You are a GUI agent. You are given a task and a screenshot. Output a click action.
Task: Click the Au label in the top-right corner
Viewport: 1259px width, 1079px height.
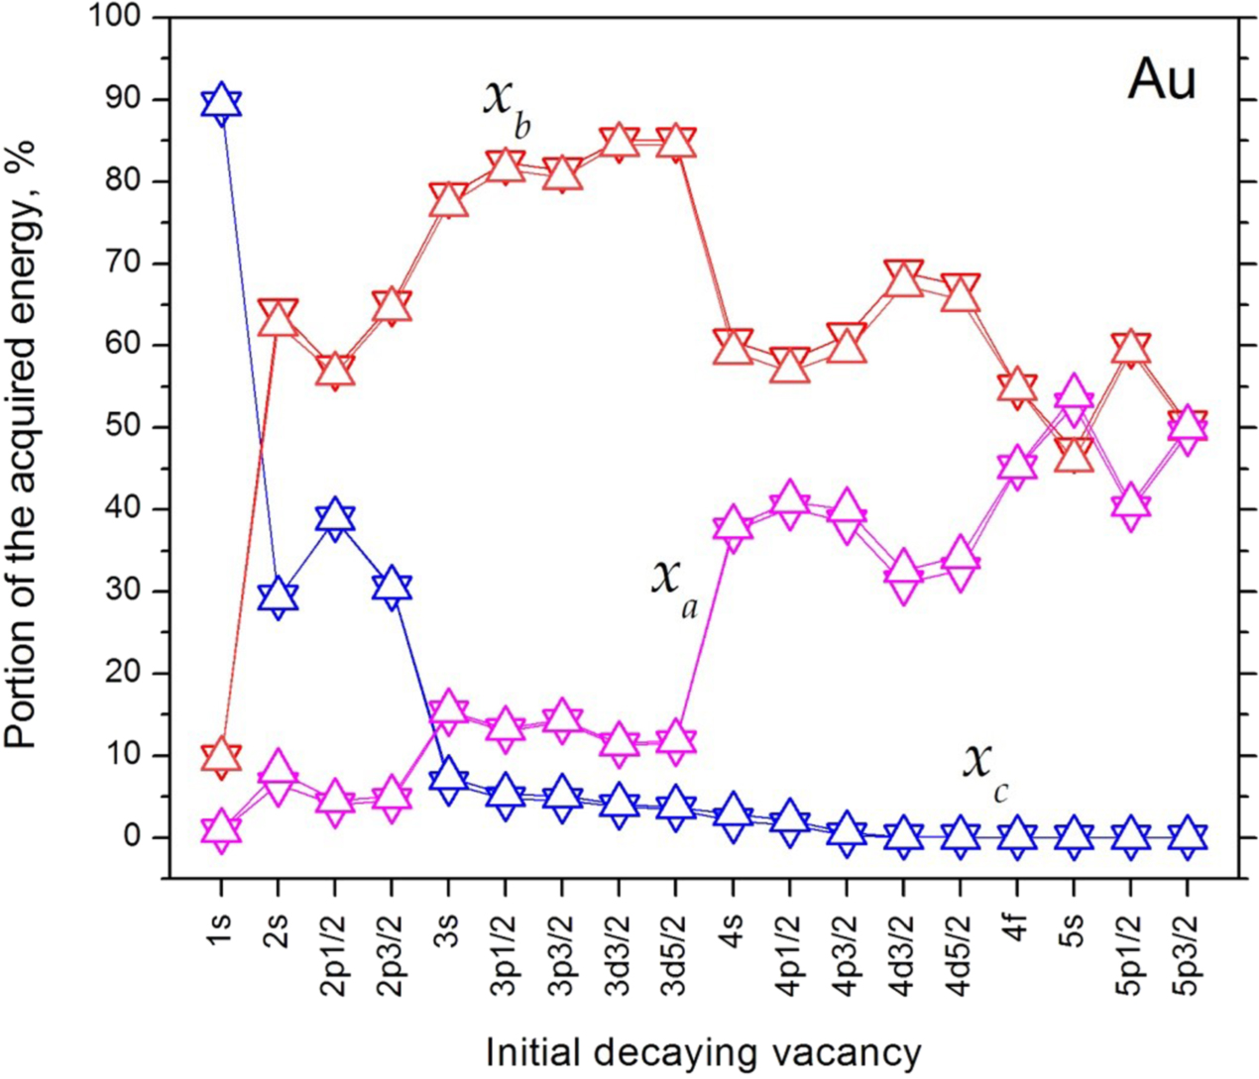1162,79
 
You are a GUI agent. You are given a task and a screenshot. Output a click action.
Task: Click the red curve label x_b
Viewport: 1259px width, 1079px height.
507,105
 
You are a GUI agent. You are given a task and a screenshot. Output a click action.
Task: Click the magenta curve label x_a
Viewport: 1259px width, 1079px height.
674,584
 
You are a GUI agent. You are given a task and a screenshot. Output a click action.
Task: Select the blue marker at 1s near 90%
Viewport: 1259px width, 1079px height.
221,103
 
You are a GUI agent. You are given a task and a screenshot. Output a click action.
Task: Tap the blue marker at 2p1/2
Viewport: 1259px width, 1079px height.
335,517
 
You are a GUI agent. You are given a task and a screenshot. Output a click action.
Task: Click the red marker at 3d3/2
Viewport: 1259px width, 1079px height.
620,142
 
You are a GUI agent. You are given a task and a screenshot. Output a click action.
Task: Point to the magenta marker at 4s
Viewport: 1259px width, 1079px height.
733,524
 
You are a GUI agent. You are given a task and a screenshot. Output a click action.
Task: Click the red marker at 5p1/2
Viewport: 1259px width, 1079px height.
1131,348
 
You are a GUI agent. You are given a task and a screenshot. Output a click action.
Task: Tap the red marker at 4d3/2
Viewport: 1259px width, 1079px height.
903,278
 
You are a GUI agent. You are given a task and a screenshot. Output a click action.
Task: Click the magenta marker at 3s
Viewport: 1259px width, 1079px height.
448,710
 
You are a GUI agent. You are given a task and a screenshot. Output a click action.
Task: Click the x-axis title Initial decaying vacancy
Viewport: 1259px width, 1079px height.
704,1051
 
